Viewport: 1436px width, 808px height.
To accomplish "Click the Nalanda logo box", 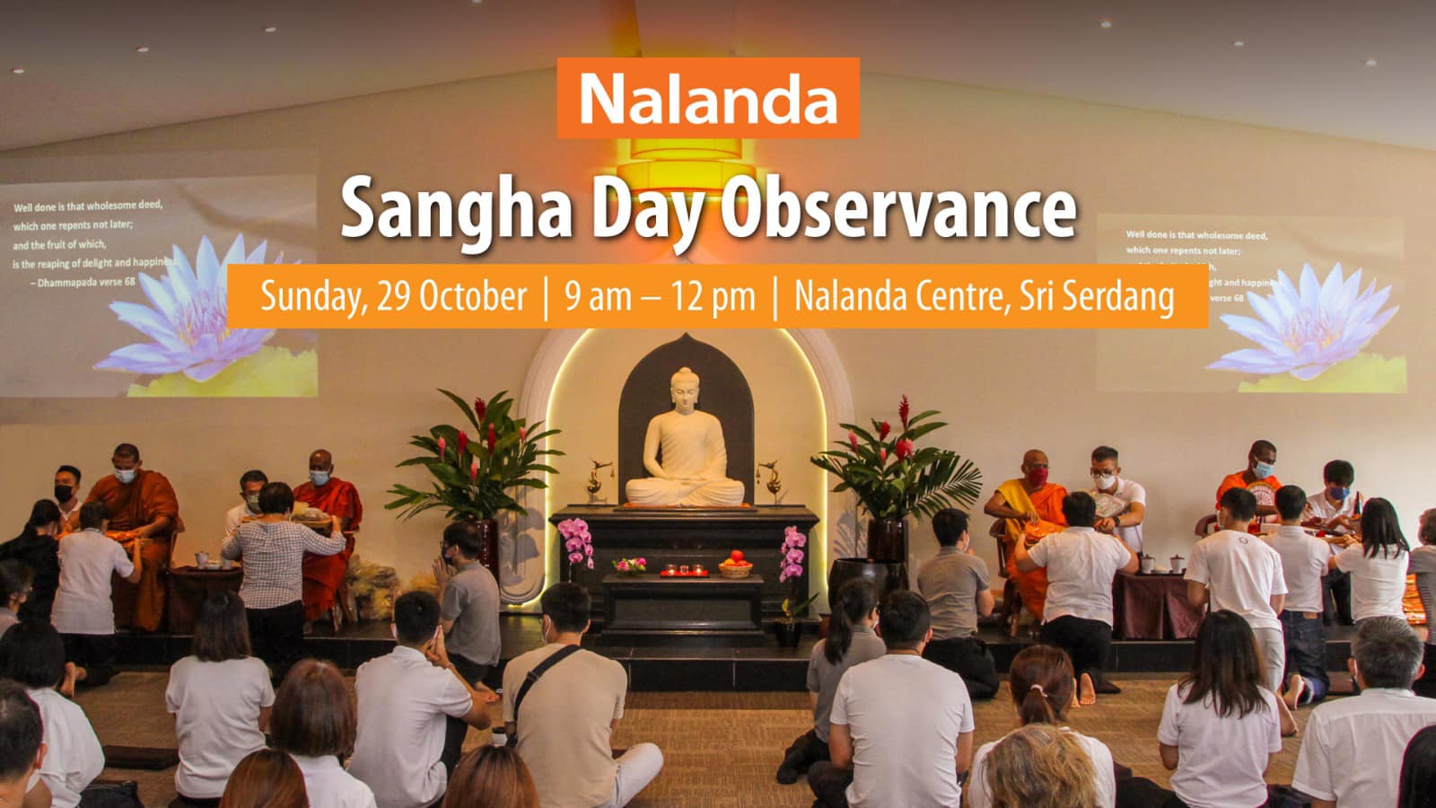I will tap(708, 98).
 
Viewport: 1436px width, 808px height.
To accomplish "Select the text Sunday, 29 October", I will tap(393, 296).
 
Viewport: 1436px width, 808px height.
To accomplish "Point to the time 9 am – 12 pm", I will tap(660, 296).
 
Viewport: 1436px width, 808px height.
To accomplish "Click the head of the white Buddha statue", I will tap(685, 381).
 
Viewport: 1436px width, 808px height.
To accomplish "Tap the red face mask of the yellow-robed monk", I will tap(1038, 475).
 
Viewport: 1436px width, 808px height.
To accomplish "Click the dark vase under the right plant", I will tap(887, 540).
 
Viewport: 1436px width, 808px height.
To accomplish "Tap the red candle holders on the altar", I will tap(683, 570).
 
